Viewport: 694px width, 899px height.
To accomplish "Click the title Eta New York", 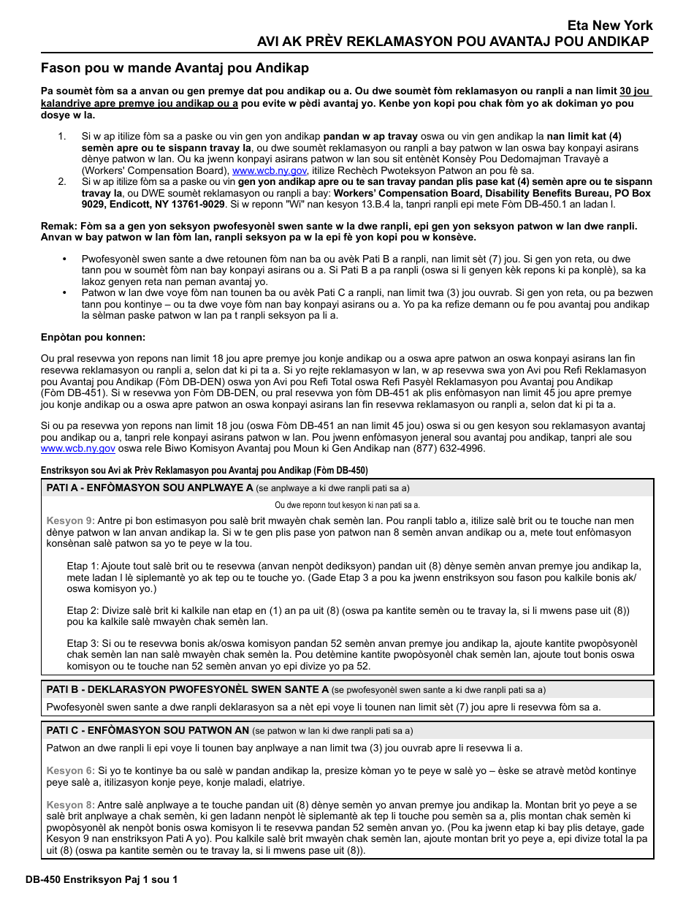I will (610, 26).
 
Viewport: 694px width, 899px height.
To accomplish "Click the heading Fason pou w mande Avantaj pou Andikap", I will (175, 68).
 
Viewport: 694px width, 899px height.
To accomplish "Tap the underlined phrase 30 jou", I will (635, 91).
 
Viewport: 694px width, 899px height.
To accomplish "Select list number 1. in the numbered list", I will (62, 137).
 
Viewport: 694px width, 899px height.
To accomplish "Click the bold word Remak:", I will (58, 226).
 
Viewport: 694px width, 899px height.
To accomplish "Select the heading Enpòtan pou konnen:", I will (93, 337).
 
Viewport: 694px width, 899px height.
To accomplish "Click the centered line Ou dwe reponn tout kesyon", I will (347, 505).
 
